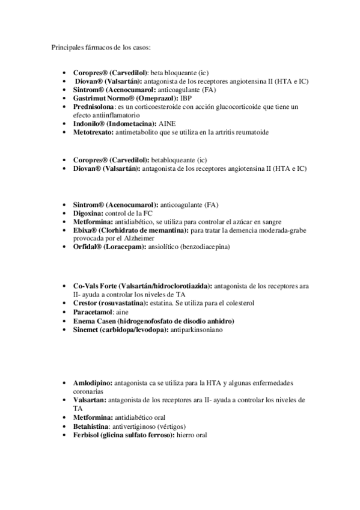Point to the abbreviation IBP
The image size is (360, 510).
(x=203, y=97)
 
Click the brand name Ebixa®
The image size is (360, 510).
(x=85, y=230)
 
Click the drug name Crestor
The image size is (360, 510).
(x=86, y=304)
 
